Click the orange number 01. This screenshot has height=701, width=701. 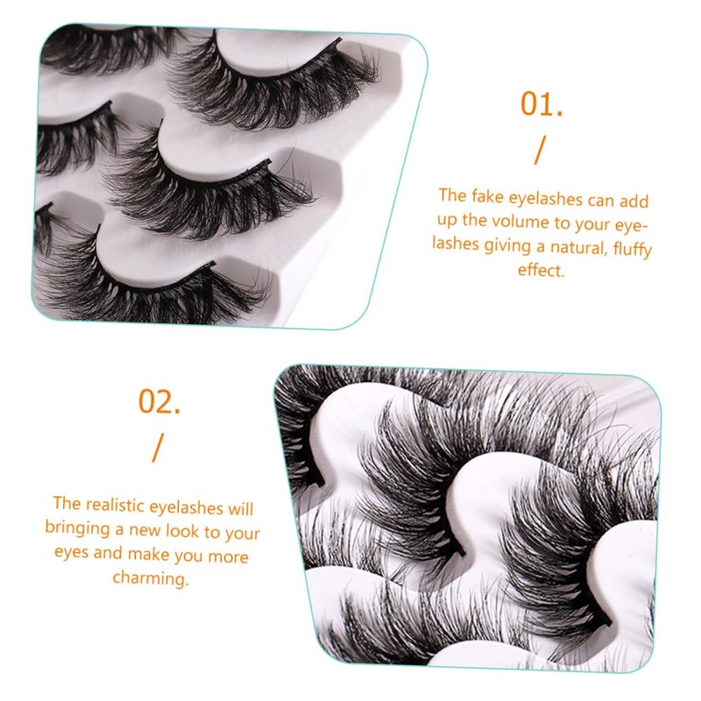click(x=541, y=104)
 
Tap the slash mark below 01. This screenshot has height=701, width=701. click(x=539, y=152)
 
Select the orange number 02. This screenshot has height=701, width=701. click(x=159, y=401)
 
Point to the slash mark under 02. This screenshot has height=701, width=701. click(x=158, y=448)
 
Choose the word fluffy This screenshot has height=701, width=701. click(x=630, y=249)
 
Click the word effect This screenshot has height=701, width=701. click(x=541, y=271)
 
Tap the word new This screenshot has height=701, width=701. click(x=152, y=532)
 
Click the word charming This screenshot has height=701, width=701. click(x=150, y=579)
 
